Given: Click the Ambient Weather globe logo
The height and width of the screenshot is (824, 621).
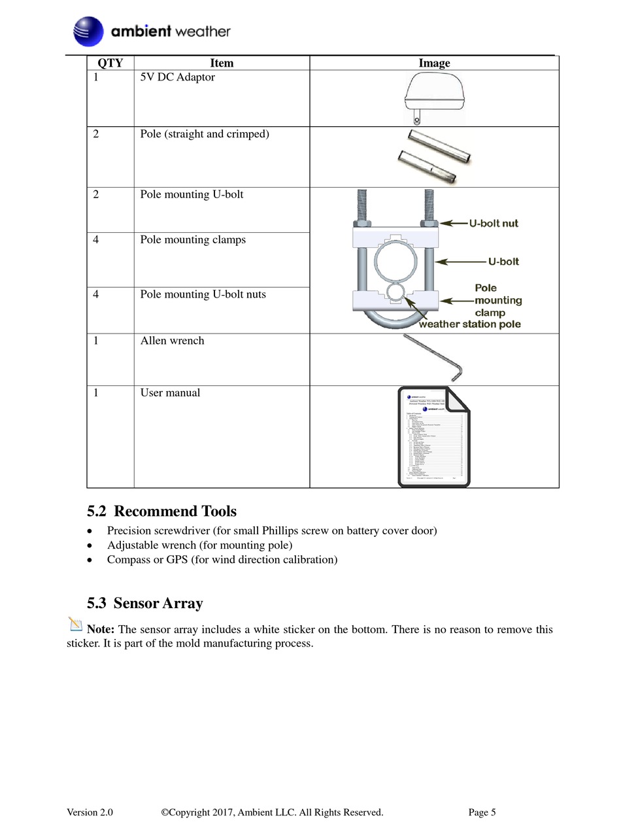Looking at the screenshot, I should point(88,31).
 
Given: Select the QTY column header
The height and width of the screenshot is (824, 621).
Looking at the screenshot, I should point(110,63).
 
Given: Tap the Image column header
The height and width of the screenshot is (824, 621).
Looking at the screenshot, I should point(434,63).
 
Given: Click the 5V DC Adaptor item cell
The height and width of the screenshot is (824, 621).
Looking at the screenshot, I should point(178,78).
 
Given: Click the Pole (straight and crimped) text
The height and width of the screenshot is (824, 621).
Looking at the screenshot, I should point(205,135).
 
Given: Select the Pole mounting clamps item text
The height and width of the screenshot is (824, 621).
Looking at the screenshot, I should point(193,240).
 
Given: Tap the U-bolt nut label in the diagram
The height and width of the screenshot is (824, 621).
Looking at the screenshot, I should point(494,224).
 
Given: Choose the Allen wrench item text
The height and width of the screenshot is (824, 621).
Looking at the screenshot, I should point(172,341).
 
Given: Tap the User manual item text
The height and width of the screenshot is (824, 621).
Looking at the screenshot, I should point(170,393).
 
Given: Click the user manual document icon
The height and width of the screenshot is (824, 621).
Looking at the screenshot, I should point(434,437).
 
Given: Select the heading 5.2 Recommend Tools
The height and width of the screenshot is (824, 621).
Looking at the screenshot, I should point(161,511).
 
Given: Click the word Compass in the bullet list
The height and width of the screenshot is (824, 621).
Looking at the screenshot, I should point(128,560).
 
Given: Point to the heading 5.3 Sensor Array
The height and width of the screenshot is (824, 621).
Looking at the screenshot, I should point(144,604).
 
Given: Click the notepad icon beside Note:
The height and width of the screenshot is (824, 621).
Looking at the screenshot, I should point(75,624).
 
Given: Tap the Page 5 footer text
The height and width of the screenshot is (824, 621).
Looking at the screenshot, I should point(482,812).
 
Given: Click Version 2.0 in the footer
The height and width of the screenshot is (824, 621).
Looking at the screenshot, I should point(90,812).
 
